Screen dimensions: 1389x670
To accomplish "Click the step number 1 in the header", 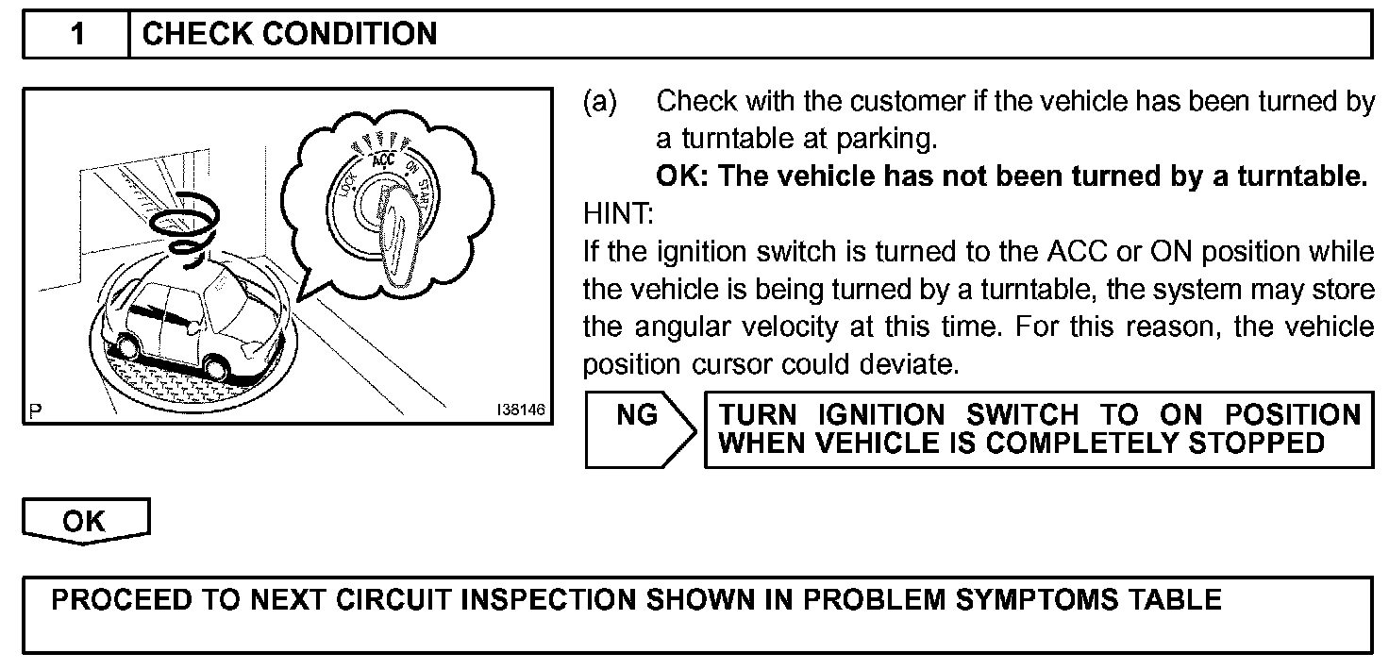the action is [77, 35].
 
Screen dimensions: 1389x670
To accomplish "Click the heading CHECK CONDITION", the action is [289, 35].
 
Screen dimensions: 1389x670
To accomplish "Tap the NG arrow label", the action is [637, 416].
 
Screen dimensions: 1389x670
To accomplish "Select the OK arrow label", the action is [84, 522].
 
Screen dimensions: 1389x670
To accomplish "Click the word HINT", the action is [617, 214].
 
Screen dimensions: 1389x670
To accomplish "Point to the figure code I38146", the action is [521, 410].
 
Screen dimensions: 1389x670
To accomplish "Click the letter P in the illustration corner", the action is [36, 410].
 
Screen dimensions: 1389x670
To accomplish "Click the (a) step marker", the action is [600, 101].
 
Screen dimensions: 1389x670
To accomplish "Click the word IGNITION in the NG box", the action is [880, 415].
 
